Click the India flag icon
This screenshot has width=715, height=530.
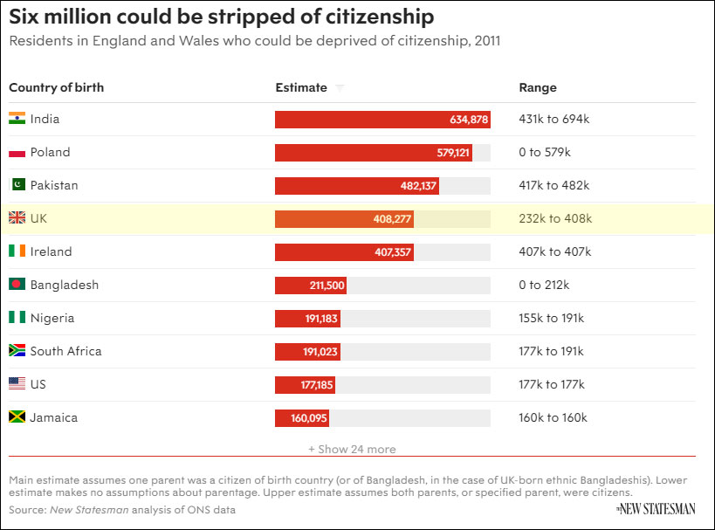click(x=17, y=119)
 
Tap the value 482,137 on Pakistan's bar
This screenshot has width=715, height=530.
click(x=417, y=186)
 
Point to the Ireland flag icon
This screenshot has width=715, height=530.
click(x=17, y=251)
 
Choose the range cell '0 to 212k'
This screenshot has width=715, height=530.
click(x=544, y=285)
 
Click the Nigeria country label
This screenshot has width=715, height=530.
click(x=52, y=318)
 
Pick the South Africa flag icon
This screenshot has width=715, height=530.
click(x=17, y=351)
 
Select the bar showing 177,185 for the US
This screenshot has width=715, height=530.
click(x=305, y=384)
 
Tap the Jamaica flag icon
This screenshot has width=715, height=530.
click(x=17, y=417)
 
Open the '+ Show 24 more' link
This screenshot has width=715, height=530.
click(x=352, y=449)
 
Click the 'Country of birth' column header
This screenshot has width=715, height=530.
click(x=56, y=87)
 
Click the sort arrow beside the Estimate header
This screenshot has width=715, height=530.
click(x=340, y=88)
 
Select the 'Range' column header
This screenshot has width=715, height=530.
click(x=537, y=87)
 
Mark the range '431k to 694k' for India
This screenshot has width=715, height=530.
click(x=553, y=119)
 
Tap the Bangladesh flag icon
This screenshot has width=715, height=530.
click(x=17, y=285)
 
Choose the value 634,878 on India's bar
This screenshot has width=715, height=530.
click(x=469, y=120)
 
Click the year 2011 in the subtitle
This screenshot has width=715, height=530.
click(x=486, y=41)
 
